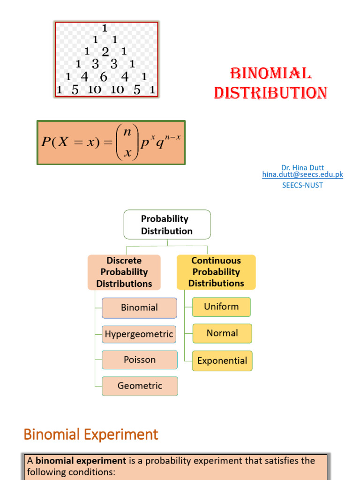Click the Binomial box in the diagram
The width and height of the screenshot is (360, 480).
coord(139,308)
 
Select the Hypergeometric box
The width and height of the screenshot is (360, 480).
coord(139,334)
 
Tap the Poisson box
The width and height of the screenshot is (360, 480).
coord(140,360)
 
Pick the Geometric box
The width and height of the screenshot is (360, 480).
coord(140,386)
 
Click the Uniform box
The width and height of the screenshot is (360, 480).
coord(221,307)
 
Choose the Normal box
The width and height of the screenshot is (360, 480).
coord(222,333)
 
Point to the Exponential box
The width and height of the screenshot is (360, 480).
coord(222,361)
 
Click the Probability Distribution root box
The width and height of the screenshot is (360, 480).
coord(167,225)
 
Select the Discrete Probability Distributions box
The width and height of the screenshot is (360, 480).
coord(124,272)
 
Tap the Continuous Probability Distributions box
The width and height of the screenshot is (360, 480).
coord(216,272)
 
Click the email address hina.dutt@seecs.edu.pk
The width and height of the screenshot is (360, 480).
coord(302,174)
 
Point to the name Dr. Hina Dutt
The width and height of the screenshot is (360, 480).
coord(302,167)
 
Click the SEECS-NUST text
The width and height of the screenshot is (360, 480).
coord(302,185)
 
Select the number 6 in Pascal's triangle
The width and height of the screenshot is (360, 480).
coord(104,77)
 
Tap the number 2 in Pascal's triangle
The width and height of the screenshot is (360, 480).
coord(105,52)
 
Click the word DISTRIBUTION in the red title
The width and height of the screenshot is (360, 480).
coord(270,92)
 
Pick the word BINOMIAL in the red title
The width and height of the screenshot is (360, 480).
coord(270,74)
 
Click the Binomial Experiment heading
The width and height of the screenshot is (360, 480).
coord(91,435)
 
